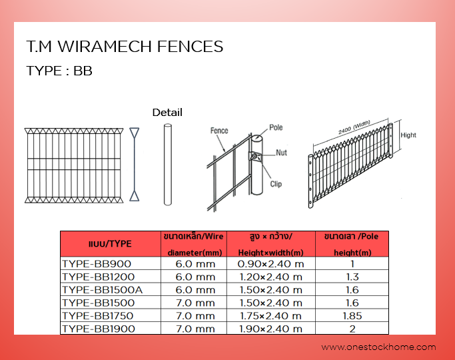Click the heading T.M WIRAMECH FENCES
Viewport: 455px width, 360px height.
[x=125, y=47]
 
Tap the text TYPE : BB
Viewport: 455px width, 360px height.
[x=59, y=71]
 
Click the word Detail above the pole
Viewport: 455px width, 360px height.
[x=167, y=113]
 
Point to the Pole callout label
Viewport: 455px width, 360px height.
[x=276, y=127]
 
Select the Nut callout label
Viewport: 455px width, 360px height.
[x=281, y=153]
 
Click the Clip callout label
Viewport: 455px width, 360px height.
[x=276, y=184]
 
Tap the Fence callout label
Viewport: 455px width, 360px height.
[x=219, y=131]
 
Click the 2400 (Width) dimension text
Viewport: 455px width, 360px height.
[x=354, y=127]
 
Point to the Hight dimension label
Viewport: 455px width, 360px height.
[x=408, y=135]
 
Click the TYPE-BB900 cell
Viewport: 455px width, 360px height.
[x=97, y=263]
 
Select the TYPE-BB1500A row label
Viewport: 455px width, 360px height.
[x=102, y=290]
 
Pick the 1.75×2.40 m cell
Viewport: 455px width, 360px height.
[x=270, y=315]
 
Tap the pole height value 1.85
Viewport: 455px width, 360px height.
[x=352, y=315]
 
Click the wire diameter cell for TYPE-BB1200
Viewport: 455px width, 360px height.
[x=195, y=277]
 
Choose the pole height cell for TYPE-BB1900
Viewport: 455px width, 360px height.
[x=352, y=329]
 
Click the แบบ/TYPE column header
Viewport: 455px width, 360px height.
[x=110, y=244]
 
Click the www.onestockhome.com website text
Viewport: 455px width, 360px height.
[x=378, y=347]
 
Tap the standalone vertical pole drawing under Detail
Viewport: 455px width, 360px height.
[x=168, y=165]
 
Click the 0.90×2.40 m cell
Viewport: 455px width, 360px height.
[x=270, y=263]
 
